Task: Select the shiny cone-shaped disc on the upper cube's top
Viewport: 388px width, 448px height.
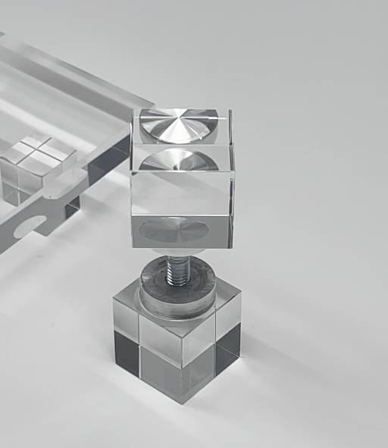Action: (x=179, y=124)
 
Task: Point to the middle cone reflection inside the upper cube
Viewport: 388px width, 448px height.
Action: (x=179, y=160)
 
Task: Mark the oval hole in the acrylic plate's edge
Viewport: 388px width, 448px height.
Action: (x=29, y=224)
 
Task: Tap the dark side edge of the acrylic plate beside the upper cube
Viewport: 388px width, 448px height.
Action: (x=106, y=163)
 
